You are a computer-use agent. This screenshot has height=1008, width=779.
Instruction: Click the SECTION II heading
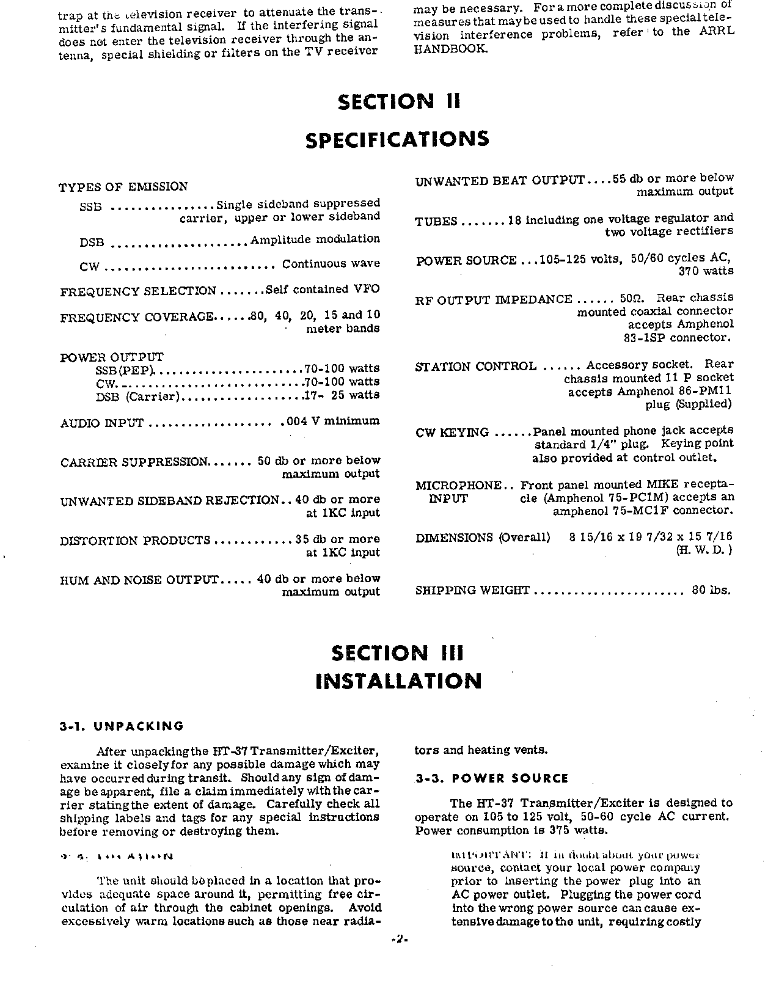pos(398,101)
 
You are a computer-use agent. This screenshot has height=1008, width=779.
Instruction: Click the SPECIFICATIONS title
pos(397,139)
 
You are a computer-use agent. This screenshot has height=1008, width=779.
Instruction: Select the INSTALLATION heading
pos(398,681)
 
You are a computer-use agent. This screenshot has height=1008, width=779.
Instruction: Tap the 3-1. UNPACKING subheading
pos(122,726)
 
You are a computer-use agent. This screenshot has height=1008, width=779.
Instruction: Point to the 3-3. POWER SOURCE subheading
pos(492,778)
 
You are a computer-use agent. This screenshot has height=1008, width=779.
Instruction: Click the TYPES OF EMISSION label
pos(123,187)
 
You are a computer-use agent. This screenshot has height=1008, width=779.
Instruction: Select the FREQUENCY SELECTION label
pos(138,291)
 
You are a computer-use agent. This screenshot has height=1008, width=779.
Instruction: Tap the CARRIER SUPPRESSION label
pos(135,462)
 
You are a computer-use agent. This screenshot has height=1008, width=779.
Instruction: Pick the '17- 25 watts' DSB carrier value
pos(342,395)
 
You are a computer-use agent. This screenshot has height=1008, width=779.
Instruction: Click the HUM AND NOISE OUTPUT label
pos(139,580)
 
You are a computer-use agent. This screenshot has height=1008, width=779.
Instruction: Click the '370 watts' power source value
pos(706,271)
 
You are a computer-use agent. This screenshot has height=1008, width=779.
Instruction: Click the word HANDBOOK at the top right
pos(452,48)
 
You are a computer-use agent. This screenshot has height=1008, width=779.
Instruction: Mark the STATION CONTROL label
pos(475,367)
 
